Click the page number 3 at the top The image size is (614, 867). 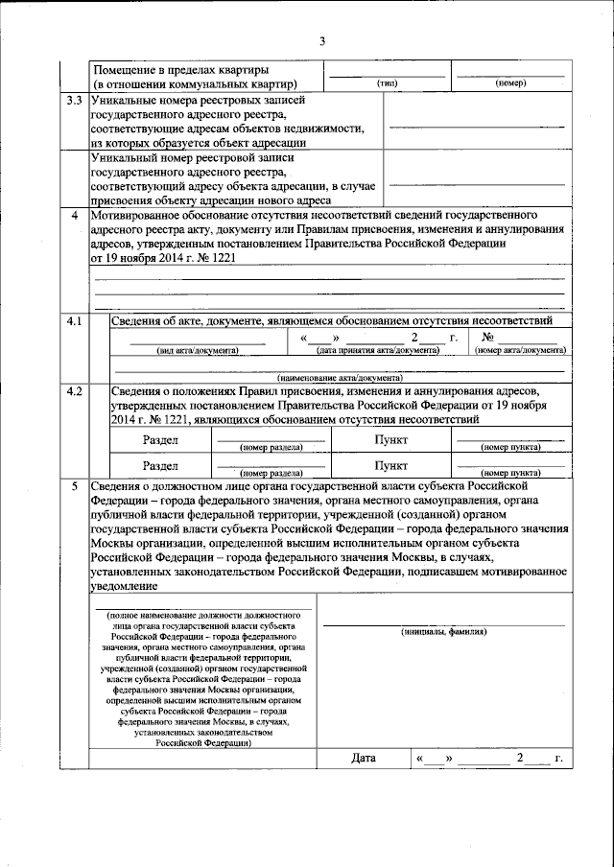tap(322, 40)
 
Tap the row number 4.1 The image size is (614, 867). tap(72, 319)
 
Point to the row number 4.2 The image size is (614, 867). tap(72, 391)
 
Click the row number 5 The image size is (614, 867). tap(74, 487)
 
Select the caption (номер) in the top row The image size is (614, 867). tap(510, 83)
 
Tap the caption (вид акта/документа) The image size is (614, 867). tap(198, 351)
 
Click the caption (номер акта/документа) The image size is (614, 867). tap(521, 351)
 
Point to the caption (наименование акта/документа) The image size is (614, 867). tap(327, 379)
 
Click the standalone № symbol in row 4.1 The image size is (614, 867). tap(487, 338)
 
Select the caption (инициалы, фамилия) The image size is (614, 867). tap(443, 633)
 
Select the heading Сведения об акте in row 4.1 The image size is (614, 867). tap(163, 319)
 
